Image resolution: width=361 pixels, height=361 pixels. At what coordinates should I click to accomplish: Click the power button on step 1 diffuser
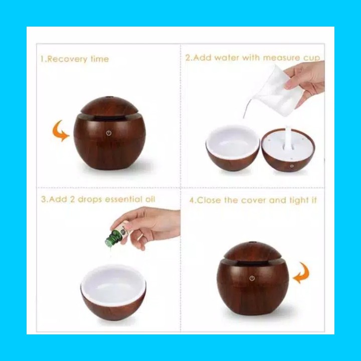pyautogui.click(x=109, y=133)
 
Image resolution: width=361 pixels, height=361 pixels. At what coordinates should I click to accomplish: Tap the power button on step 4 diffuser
pyautogui.click(x=252, y=278)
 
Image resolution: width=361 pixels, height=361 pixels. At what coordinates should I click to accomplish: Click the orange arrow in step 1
pyautogui.click(x=60, y=131)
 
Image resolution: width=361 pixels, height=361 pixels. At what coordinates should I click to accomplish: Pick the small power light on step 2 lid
pyautogui.click(x=292, y=166)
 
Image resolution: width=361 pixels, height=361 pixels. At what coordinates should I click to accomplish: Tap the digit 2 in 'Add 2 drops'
pyautogui.click(x=72, y=200)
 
